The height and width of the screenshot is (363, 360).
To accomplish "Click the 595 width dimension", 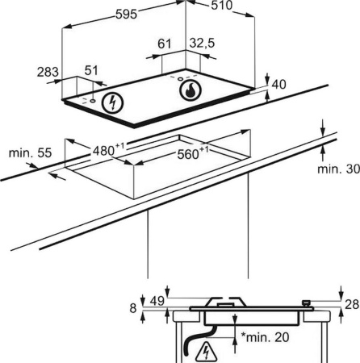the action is pyautogui.click(x=127, y=15).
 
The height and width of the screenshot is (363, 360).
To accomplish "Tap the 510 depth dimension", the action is pyautogui.click(x=221, y=6).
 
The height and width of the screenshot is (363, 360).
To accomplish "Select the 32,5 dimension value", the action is pyautogui.click(x=203, y=43).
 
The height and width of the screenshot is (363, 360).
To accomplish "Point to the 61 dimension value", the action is pyautogui.click(x=165, y=44).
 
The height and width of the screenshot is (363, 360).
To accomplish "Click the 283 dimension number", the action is pyautogui.click(x=48, y=72).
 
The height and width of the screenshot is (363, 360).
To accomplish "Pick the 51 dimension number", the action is pyautogui.click(x=91, y=70).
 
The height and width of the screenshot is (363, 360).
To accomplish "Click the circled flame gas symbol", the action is pyautogui.click(x=190, y=90).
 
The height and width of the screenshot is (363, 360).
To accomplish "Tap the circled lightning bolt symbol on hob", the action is pyautogui.click(x=112, y=102).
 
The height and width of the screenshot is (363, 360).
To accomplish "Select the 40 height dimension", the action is pyautogui.click(x=278, y=85).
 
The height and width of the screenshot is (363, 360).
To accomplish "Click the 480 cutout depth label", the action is pyautogui.click(x=109, y=149).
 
